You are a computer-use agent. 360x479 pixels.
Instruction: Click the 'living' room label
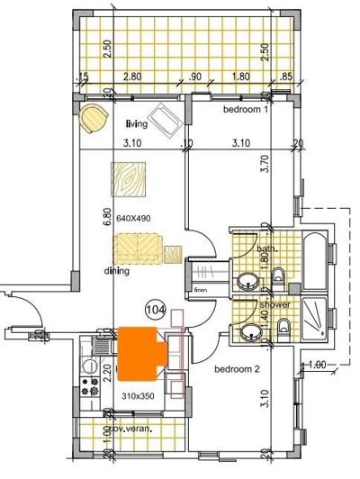tap(136, 124)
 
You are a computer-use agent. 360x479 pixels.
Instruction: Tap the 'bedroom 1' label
tap(247, 109)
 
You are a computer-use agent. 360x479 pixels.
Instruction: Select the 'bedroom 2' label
tap(236, 369)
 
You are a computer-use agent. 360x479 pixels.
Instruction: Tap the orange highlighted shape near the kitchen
tap(142, 348)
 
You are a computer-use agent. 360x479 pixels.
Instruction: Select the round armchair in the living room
tap(91, 117)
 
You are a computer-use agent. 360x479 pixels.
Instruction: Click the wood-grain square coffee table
tap(129, 178)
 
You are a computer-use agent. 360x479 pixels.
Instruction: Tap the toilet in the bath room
tap(280, 276)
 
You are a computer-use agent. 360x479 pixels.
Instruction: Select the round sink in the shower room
tap(247, 335)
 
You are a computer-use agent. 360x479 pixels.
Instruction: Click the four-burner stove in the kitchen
tap(90, 387)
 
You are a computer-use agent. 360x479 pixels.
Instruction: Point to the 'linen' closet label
tap(200, 291)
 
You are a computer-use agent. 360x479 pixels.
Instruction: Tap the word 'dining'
tap(116, 270)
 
